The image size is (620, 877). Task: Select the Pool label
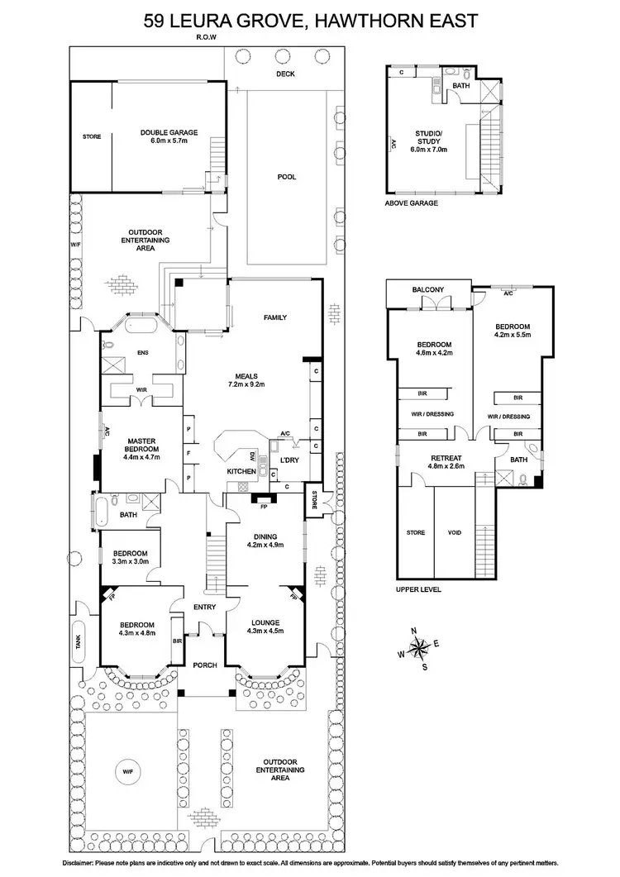click(x=287, y=177)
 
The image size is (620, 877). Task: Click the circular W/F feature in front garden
click(x=128, y=771)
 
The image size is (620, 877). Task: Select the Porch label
click(x=204, y=665)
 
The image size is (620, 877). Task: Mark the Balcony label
click(x=428, y=289)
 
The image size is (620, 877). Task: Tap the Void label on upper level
click(x=454, y=532)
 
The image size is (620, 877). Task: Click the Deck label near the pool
click(x=285, y=74)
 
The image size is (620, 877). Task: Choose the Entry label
click(x=204, y=608)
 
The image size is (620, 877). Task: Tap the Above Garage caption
click(x=411, y=203)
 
